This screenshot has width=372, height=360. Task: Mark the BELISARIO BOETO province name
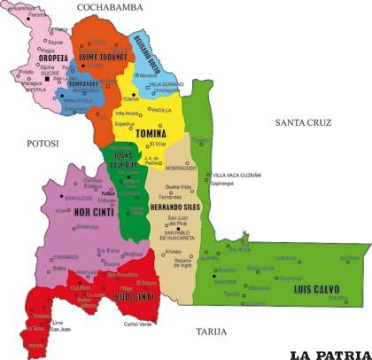149,40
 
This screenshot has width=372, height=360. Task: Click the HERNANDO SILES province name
173,207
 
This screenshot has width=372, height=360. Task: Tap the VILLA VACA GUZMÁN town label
237,176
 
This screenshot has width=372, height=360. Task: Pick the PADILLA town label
160,109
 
